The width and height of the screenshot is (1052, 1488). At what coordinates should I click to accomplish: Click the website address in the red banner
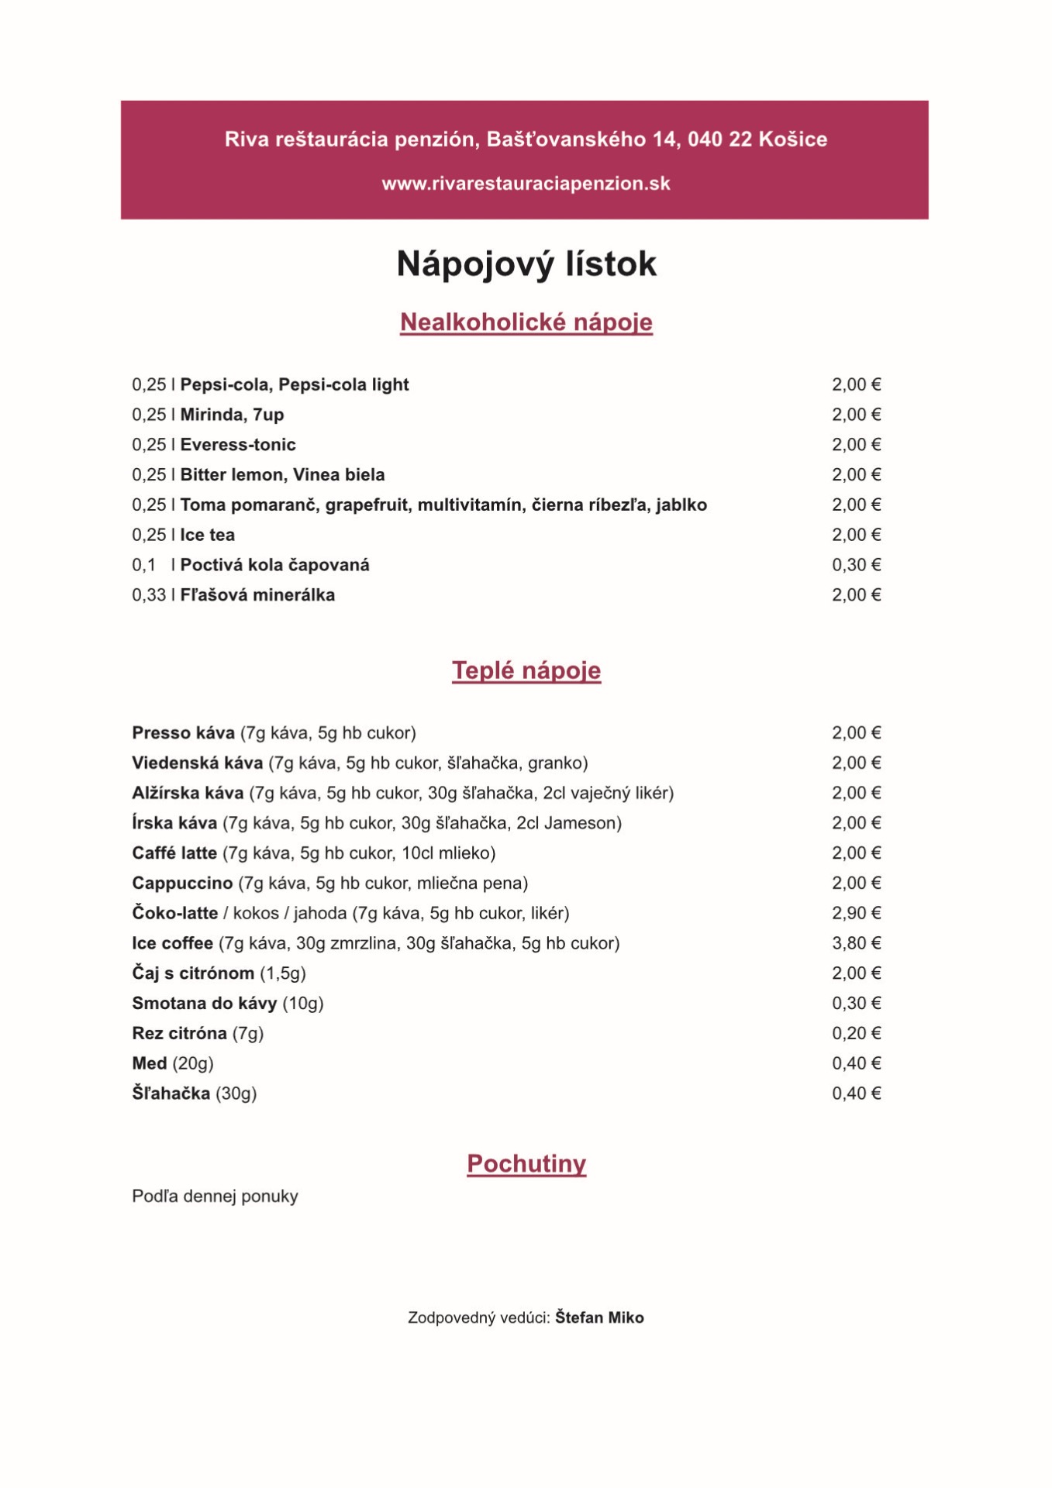click(526, 184)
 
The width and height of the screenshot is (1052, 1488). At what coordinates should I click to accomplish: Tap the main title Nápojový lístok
click(526, 264)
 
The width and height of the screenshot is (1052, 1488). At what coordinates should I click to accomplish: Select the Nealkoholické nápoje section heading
click(526, 322)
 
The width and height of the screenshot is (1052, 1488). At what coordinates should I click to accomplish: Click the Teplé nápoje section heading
click(526, 670)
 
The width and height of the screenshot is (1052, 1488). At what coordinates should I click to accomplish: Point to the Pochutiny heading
click(526, 1163)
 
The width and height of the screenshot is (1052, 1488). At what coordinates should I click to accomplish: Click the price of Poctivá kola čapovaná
click(856, 565)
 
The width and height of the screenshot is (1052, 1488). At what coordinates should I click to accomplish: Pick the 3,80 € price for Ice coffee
click(856, 943)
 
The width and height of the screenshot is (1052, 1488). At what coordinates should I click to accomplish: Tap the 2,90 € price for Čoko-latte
click(856, 913)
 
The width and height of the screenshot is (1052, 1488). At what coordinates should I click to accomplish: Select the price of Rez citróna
click(856, 1033)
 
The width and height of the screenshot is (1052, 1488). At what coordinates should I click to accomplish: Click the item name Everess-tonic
click(238, 445)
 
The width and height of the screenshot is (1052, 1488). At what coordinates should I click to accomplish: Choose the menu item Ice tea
click(207, 535)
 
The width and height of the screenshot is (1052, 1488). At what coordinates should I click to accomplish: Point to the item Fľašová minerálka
click(257, 595)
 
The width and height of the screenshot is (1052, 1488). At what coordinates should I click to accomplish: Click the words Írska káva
click(174, 823)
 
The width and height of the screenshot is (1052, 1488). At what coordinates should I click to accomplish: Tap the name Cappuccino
click(182, 883)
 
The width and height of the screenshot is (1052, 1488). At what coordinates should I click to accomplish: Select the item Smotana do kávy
click(204, 1004)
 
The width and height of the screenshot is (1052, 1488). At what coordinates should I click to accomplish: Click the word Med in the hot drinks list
click(149, 1063)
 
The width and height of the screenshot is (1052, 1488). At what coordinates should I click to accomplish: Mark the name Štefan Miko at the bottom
click(599, 1317)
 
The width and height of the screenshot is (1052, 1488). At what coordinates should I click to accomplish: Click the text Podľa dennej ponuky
click(215, 1197)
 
